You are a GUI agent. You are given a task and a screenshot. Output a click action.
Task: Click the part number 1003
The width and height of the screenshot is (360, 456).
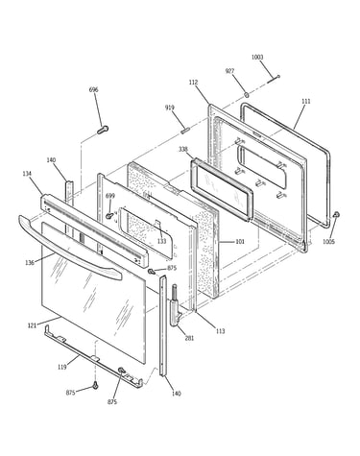(x=257, y=57)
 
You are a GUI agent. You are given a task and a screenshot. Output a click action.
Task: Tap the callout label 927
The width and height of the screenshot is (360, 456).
(x=229, y=71)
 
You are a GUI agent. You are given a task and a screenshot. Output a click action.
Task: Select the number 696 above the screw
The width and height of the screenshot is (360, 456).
(x=93, y=89)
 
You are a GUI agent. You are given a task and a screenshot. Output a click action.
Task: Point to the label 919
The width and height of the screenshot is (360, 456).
(x=170, y=108)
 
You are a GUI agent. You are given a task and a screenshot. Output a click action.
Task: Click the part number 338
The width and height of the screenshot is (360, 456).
(x=183, y=149)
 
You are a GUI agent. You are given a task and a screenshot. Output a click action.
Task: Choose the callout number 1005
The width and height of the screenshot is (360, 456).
(x=328, y=242)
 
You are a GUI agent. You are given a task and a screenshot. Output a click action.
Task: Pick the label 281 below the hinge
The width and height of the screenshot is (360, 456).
(x=189, y=338)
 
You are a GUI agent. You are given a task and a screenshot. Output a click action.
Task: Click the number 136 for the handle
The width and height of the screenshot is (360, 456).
(x=30, y=263)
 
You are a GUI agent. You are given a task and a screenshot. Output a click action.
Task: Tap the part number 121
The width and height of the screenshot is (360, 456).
(x=32, y=325)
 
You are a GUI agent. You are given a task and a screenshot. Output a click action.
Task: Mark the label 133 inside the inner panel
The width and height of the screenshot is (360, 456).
(x=162, y=241)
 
